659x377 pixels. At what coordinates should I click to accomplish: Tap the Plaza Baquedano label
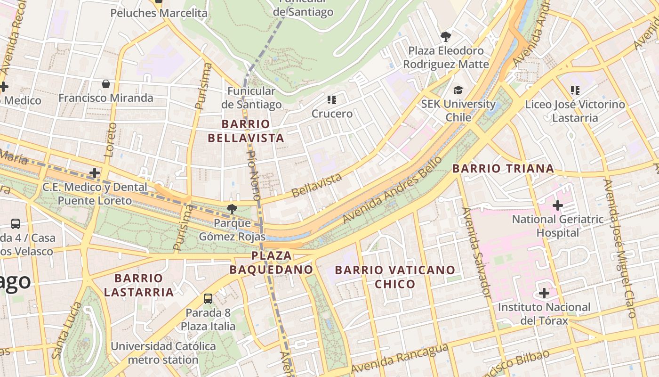pos(271,262)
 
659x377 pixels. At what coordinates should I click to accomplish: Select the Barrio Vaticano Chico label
pos(395,277)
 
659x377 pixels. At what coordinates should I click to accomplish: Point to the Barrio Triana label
pos(503,168)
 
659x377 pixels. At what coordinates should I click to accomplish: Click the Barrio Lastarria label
pos(139,285)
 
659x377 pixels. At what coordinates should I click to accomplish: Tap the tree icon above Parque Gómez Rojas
pos(232,209)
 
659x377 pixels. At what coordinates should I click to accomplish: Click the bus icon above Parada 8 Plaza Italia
pos(208,298)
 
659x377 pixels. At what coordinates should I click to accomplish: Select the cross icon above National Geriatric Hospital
pos(558,205)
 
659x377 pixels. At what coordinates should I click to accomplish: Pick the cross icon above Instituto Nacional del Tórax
pos(544,294)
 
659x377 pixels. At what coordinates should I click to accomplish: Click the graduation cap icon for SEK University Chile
pos(458,90)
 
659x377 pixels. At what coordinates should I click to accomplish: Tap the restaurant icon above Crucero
pos(332,100)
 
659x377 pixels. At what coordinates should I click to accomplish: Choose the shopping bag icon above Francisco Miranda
pos(106,84)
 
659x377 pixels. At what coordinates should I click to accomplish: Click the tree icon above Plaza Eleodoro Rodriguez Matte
pos(445,36)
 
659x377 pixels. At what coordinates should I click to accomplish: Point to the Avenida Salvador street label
pos(477,252)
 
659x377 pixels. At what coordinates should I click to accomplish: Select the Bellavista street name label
pos(316,185)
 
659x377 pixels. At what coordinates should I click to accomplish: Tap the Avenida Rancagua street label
pos(399,359)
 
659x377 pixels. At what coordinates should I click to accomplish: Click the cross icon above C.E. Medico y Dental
pos(95,173)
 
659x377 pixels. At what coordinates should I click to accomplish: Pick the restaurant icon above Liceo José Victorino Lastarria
pos(575,90)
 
